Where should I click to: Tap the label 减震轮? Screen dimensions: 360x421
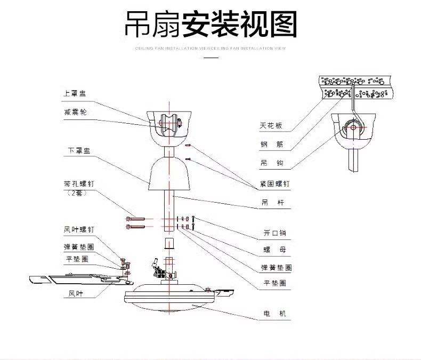pyautogui.click(x=75, y=112)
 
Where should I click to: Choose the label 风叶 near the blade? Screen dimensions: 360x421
pyautogui.click(x=76, y=293)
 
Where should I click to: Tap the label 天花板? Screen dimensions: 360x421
pyautogui.click(x=271, y=126)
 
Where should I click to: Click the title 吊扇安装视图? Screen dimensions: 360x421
pyautogui.click(x=210, y=23)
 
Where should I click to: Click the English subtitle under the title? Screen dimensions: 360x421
pyautogui.click(x=211, y=47)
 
